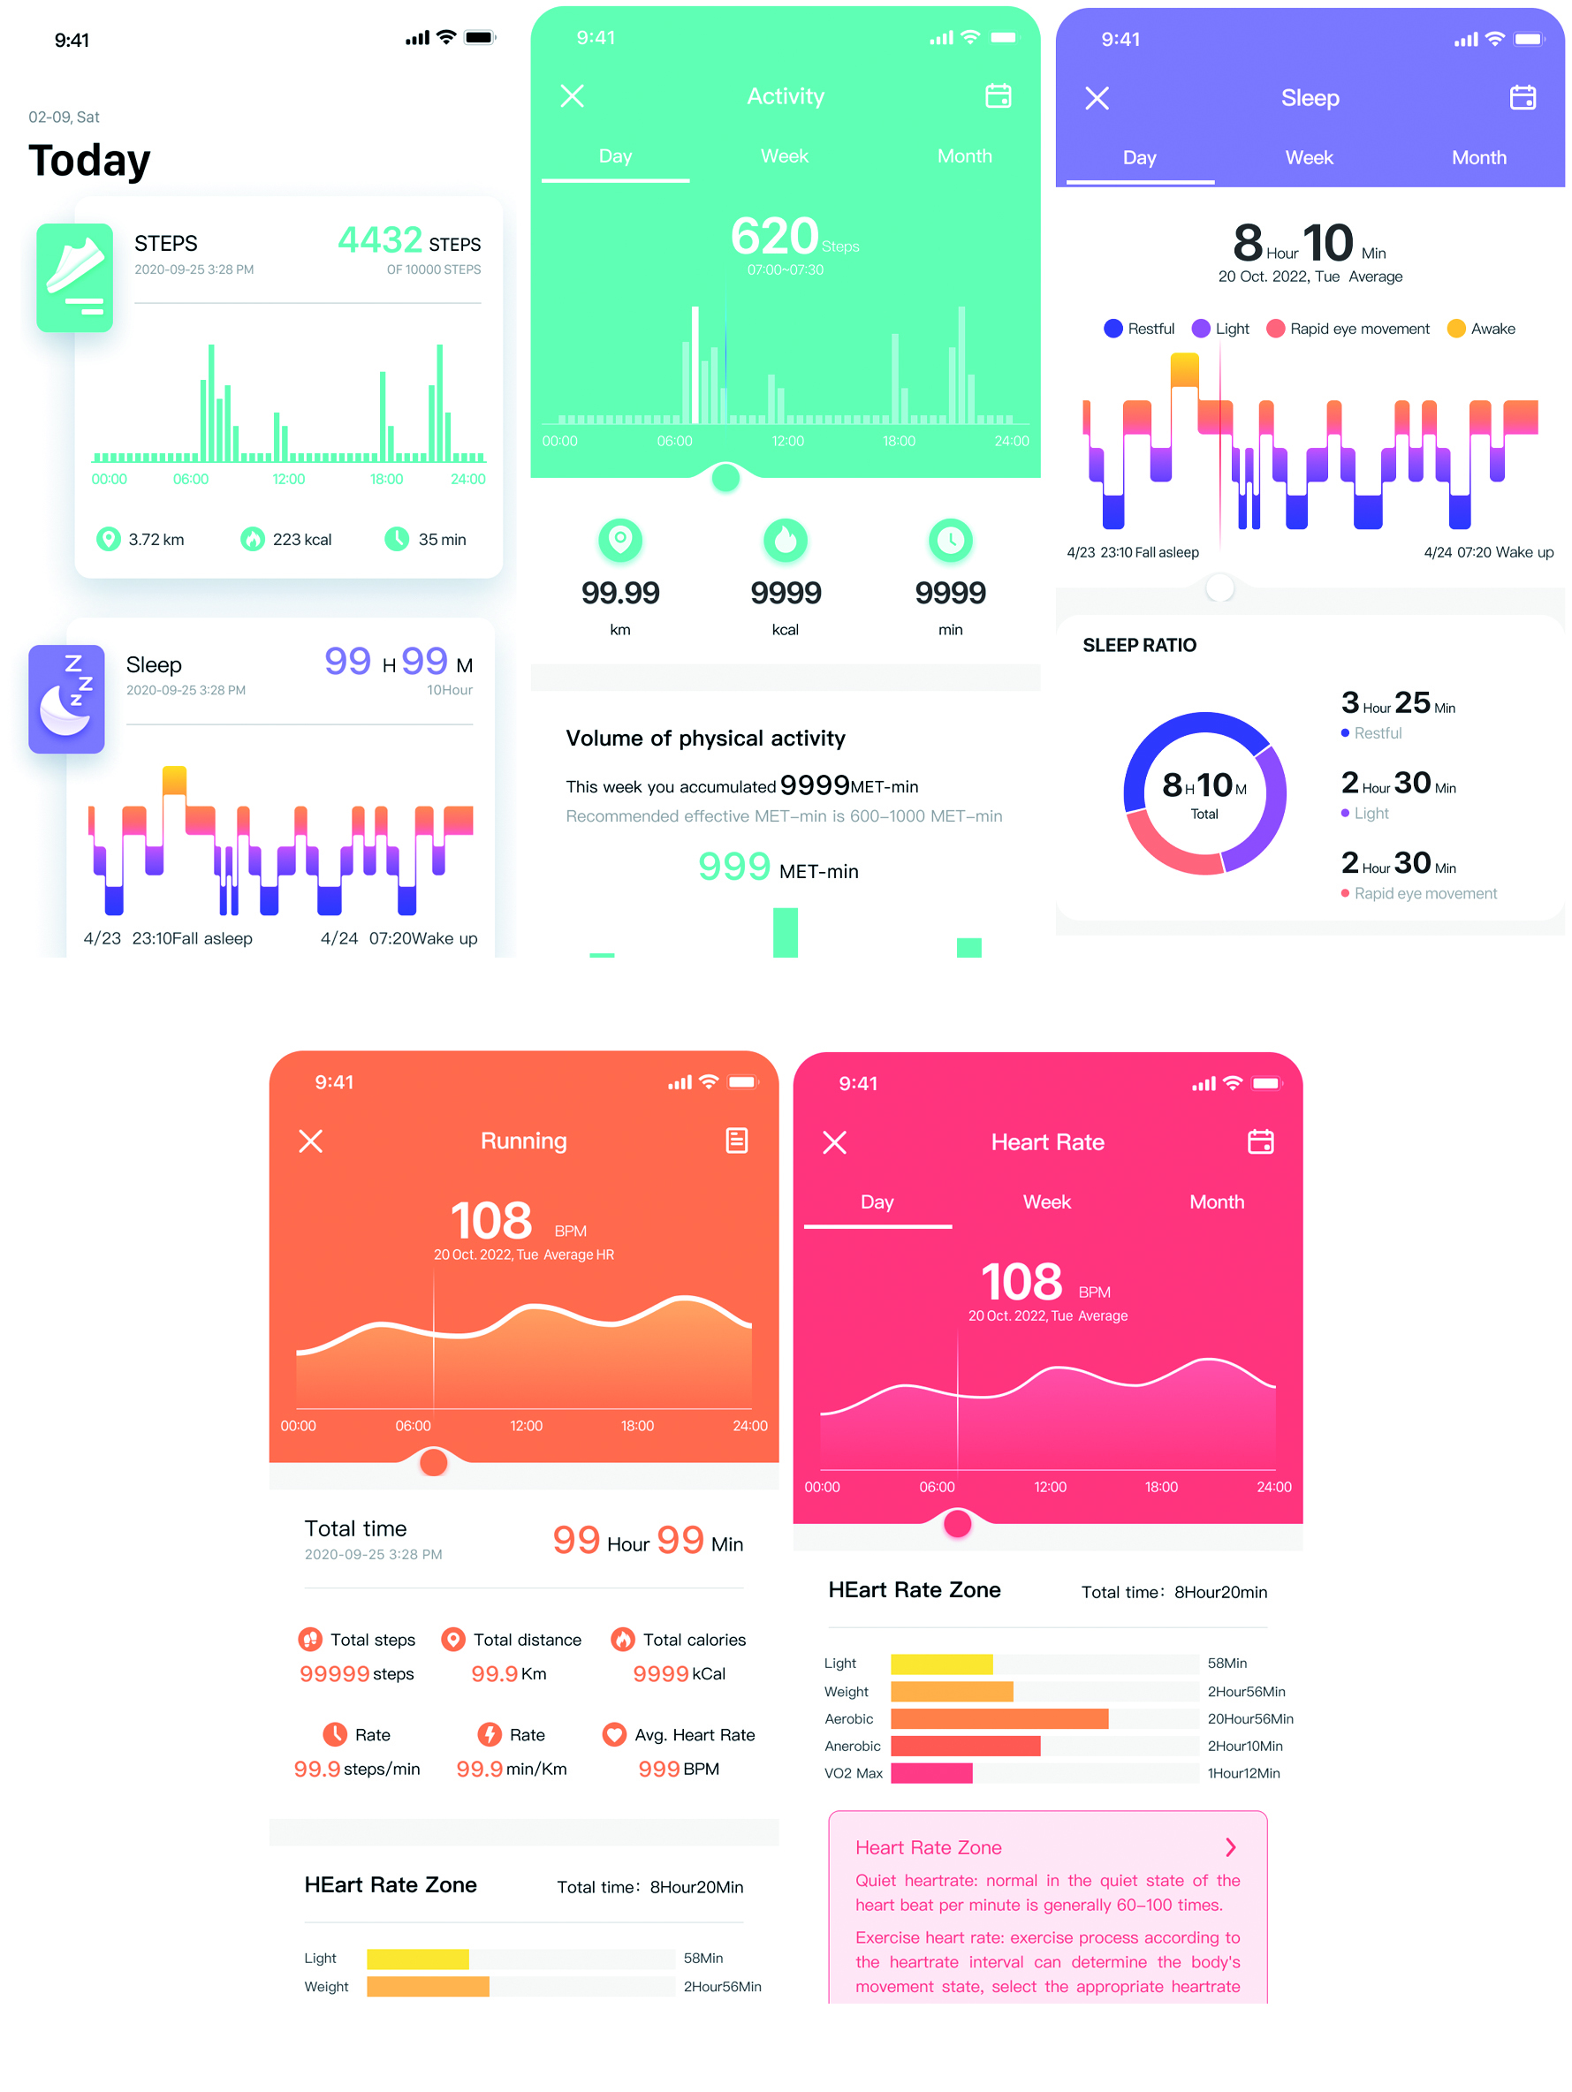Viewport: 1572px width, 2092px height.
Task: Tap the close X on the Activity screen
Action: (x=572, y=95)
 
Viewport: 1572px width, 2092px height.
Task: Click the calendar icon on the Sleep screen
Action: (x=1522, y=97)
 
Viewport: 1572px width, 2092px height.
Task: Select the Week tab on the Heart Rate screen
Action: (x=1046, y=1201)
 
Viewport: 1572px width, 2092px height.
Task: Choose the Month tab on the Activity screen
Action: (x=964, y=156)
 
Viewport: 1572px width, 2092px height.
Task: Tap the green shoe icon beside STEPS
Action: (x=75, y=277)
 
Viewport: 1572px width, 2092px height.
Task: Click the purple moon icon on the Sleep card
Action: (x=66, y=699)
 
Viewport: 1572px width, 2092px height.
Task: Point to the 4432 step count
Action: (x=380, y=240)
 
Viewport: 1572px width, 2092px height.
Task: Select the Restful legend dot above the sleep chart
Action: (x=1113, y=328)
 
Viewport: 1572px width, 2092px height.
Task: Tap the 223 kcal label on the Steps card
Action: (x=300, y=539)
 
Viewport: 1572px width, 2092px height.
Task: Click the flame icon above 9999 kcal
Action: (x=785, y=540)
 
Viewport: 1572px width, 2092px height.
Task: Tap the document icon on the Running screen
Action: (x=736, y=1141)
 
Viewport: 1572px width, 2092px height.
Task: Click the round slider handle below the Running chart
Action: (x=433, y=1462)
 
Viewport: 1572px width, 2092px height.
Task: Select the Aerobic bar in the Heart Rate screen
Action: (x=999, y=1718)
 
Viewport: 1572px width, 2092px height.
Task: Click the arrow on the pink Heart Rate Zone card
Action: (x=1230, y=1847)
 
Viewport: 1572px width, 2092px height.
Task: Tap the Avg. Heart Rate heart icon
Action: (x=614, y=1734)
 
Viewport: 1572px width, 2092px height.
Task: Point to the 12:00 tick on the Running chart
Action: (x=526, y=1425)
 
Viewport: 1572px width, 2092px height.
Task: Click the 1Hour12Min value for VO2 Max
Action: (x=1243, y=1773)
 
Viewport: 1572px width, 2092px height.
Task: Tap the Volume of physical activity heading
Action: (x=704, y=738)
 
